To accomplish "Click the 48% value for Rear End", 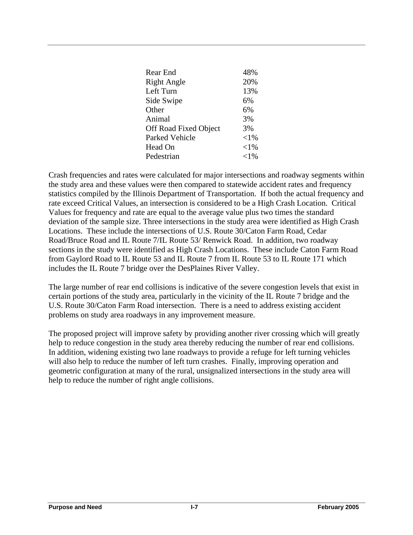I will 250,72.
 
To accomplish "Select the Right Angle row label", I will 165,82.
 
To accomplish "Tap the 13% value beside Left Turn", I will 250,91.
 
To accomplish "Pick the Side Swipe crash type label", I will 164,101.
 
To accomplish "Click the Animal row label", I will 158,119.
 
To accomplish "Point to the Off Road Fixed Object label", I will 183,128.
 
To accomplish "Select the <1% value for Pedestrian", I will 250,156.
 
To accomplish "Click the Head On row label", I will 160,147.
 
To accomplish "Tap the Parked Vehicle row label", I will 170,138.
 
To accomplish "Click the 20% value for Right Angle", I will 250,82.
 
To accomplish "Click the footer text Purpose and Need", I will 75,507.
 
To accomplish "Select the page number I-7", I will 194,507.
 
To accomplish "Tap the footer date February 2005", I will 338,507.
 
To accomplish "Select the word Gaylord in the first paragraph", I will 79,259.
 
